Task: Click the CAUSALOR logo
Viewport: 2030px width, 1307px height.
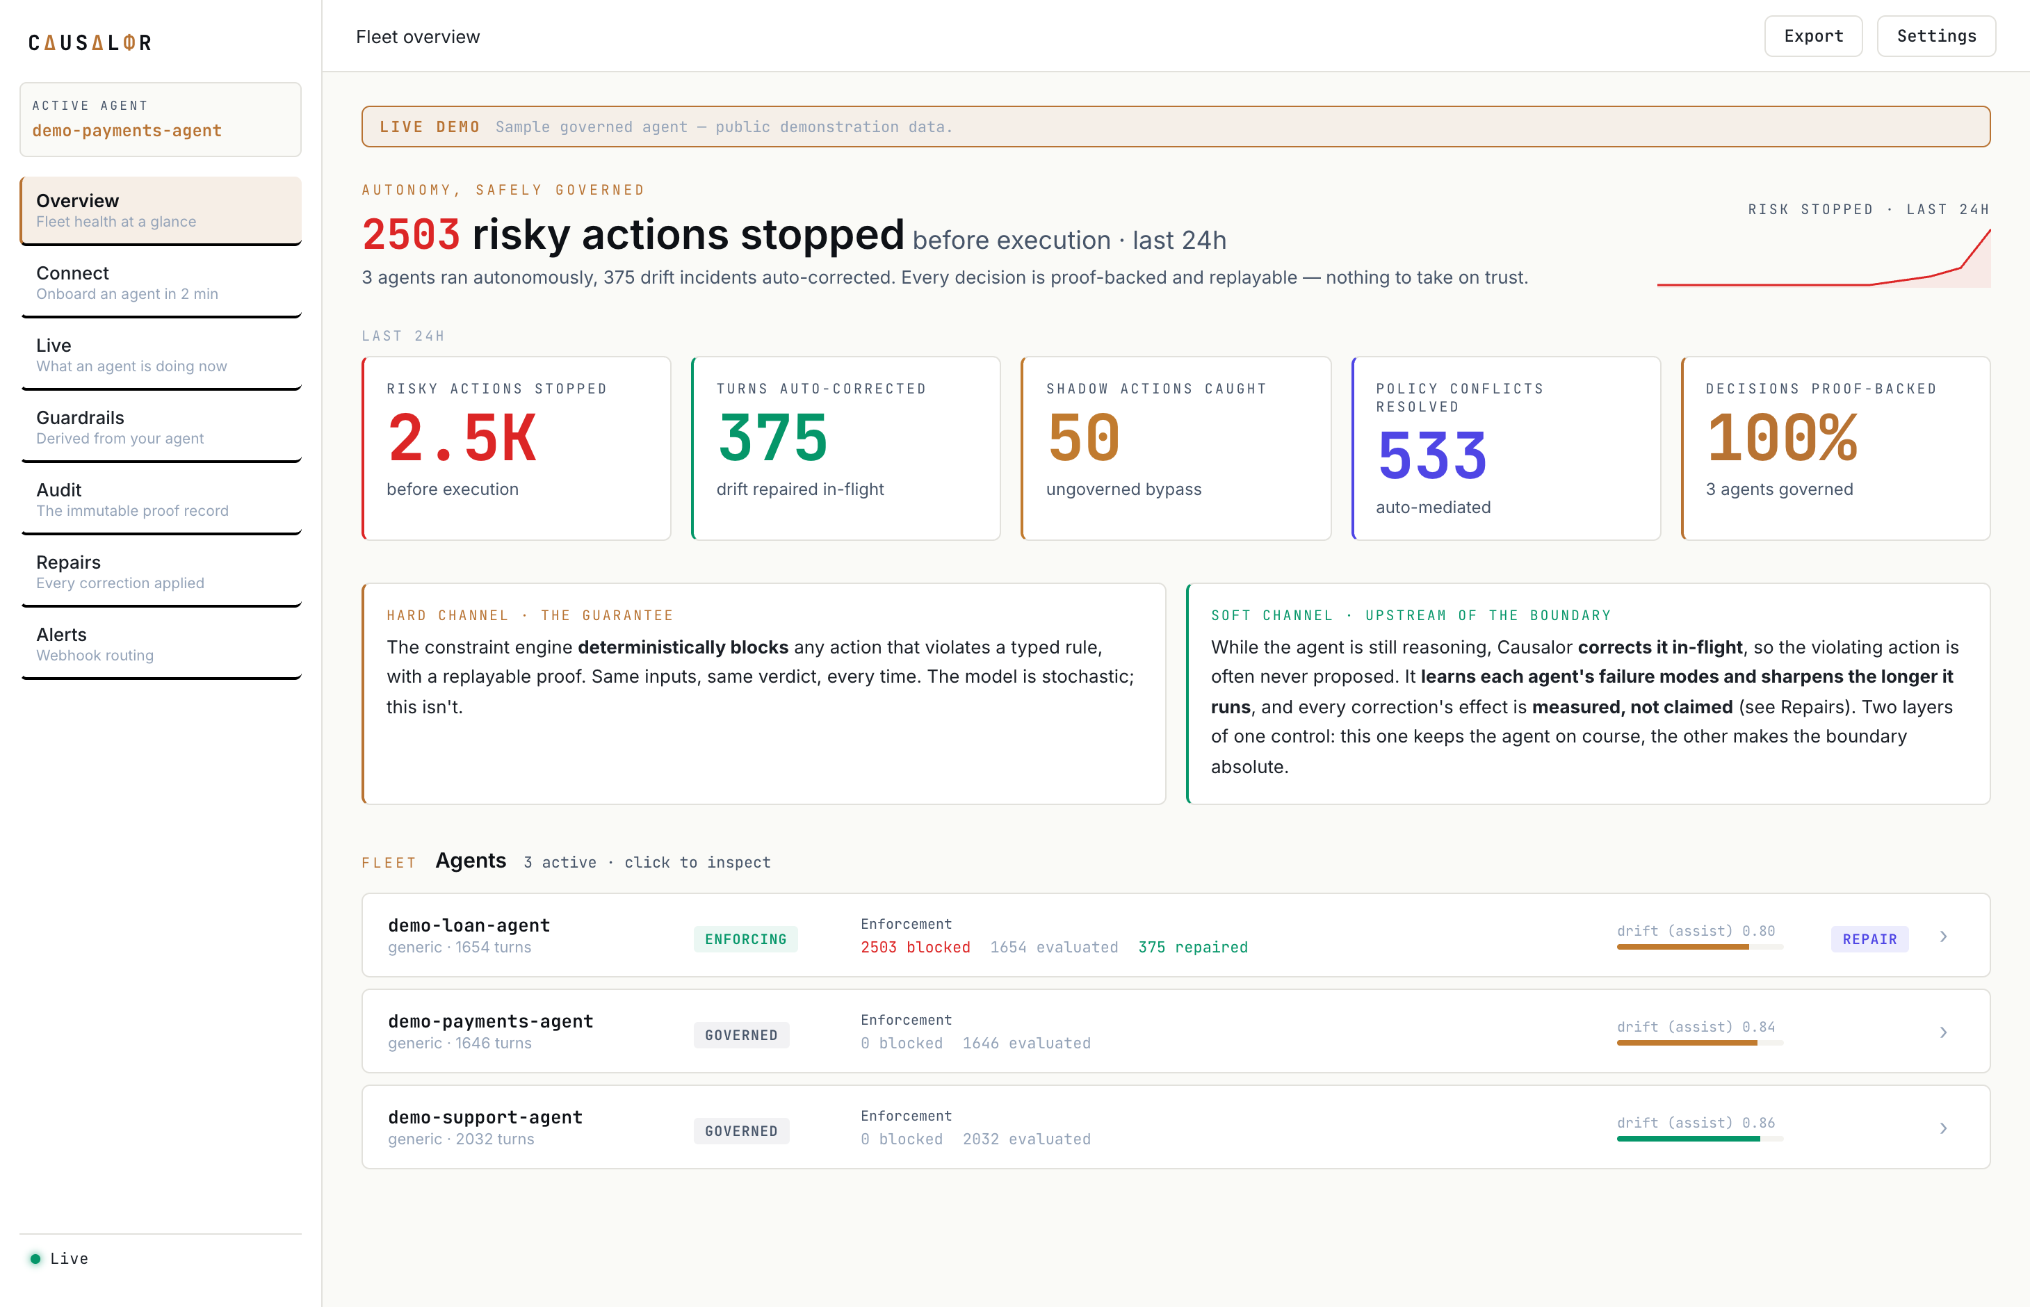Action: coord(90,42)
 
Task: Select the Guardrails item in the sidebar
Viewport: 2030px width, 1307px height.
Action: coord(161,427)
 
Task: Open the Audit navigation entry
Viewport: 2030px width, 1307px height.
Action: coord(161,499)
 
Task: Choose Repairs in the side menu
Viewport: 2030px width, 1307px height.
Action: coord(161,571)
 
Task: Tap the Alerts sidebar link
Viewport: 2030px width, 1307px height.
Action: coord(161,643)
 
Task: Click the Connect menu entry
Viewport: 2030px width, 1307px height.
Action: coord(161,283)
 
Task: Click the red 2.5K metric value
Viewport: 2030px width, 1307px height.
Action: coord(462,438)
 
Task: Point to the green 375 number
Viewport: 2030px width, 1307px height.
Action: coord(772,438)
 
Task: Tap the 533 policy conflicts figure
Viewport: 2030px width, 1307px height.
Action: coord(1431,456)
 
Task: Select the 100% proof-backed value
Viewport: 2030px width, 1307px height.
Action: coord(1783,438)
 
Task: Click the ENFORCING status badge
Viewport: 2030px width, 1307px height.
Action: coord(745,939)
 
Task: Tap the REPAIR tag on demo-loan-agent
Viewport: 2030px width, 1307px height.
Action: coord(1869,939)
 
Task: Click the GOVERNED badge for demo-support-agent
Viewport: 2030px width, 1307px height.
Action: coord(741,1131)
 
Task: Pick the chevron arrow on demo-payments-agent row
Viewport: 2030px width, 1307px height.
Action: coord(1943,1032)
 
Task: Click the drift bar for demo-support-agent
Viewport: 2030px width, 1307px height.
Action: coord(1699,1139)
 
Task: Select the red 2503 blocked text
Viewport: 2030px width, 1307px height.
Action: coord(915,947)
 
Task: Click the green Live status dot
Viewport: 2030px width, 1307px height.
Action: coord(35,1258)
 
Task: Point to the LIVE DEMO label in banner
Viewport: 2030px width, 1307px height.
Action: coord(430,127)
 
